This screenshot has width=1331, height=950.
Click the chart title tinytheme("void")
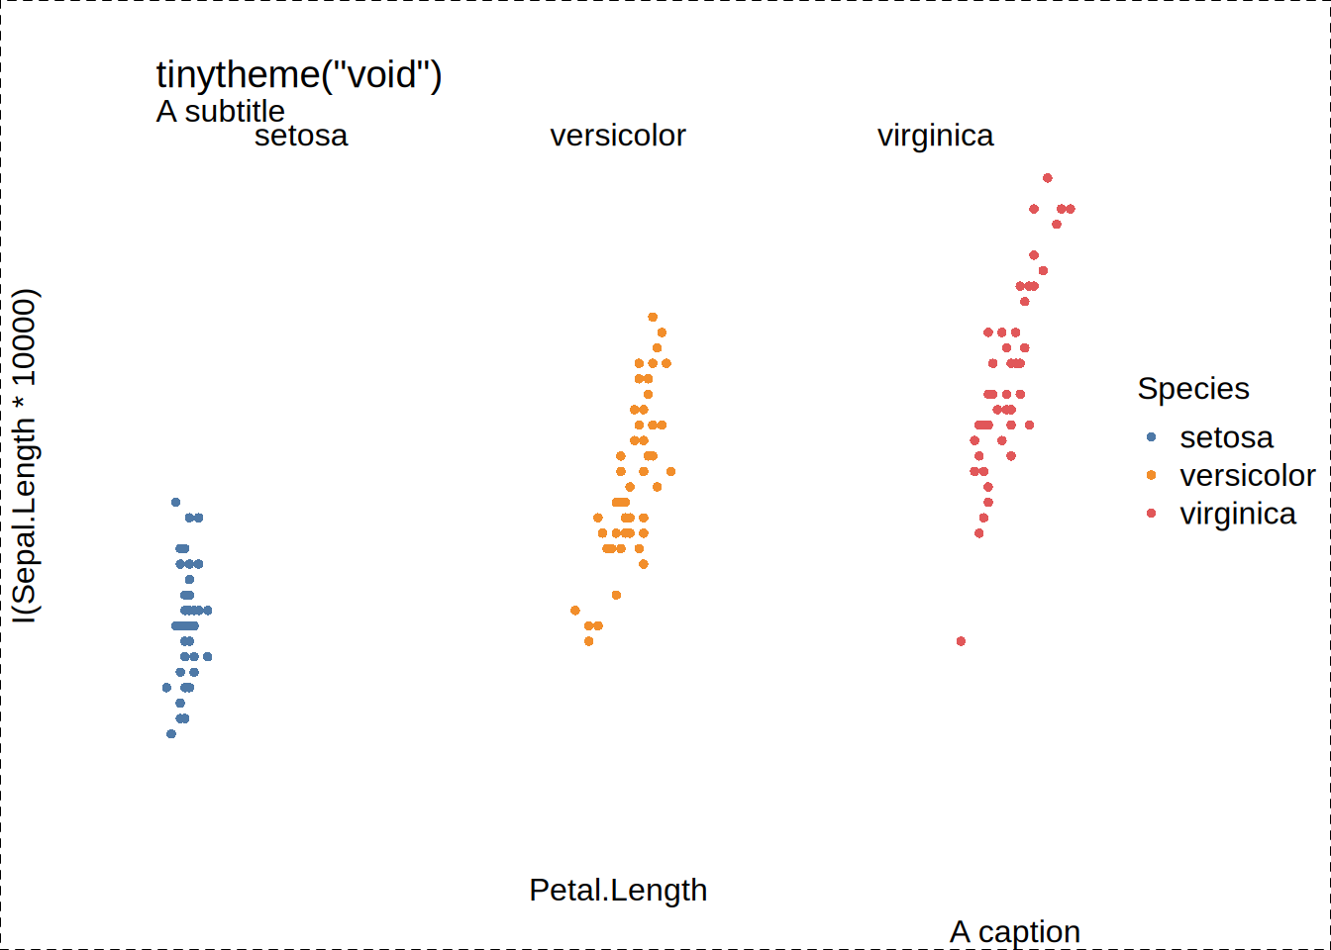point(299,75)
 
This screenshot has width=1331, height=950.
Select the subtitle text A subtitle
point(221,111)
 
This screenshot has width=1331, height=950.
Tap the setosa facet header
point(301,136)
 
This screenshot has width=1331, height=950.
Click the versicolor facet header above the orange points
point(618,136)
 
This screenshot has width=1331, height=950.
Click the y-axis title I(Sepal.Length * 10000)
point(25,456)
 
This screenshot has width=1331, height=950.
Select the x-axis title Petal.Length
point(618,891)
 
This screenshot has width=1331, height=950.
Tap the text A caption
point(1015,931)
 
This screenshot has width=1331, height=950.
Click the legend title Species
point(1193,390)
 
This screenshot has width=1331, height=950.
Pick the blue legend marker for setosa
point(1151,437)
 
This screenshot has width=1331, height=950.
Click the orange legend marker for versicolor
point(1151,475)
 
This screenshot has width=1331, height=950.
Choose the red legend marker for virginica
point(1151,513)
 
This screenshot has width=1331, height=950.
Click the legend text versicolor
point(1248,476)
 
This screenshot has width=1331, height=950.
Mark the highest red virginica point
point(1048,178)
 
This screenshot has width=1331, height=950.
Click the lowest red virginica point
point(961,641)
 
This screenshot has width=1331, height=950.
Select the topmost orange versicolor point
point(653,317)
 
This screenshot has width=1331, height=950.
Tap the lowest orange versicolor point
point(589,641)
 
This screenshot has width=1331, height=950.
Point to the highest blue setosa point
point(176,503)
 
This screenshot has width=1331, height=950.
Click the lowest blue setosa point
point(171,734)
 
